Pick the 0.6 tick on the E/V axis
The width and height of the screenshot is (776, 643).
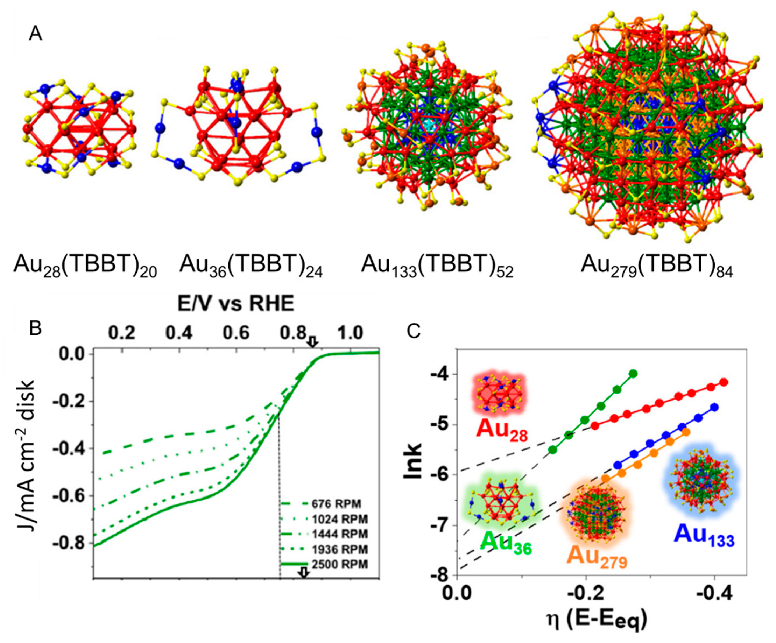click(236, 333)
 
